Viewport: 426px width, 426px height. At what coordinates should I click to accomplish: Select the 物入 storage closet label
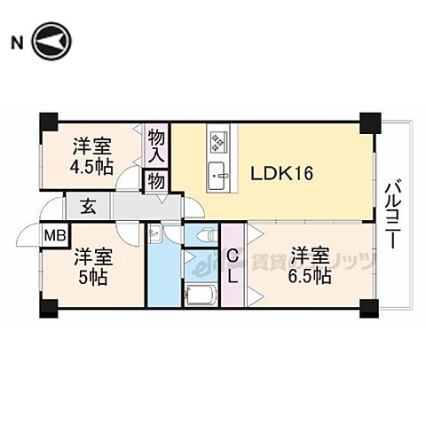(157, 147)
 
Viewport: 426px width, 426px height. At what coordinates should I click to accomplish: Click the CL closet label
(233, 265)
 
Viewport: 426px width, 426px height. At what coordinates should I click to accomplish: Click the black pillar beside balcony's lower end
(368, 311)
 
